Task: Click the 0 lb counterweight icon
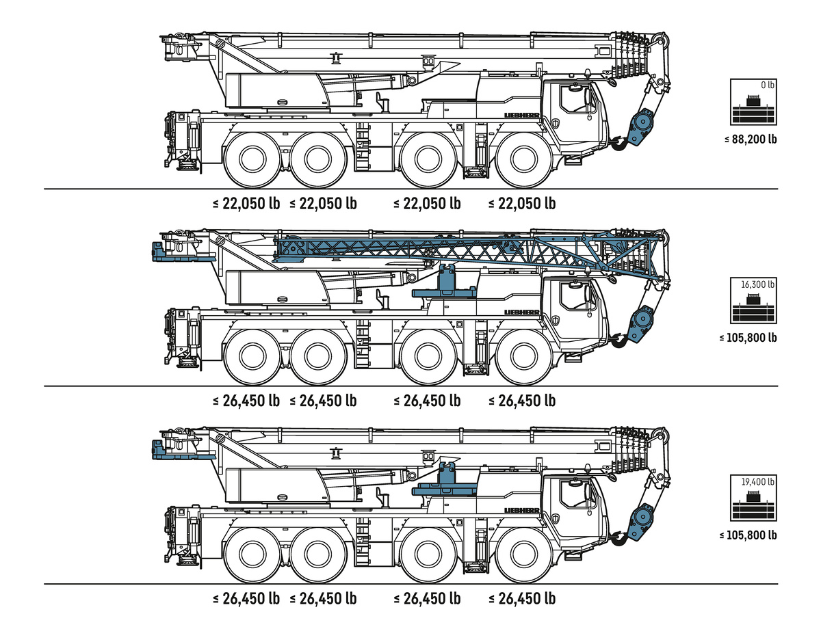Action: coord(754,103)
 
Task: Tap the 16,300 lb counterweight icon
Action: coord(754,300)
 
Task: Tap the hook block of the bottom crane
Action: coord(640,524)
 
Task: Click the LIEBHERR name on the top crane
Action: coord(522,116)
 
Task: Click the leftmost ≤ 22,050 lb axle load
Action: coord(246,203)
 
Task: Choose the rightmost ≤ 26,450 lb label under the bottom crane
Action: coord(522,598)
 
